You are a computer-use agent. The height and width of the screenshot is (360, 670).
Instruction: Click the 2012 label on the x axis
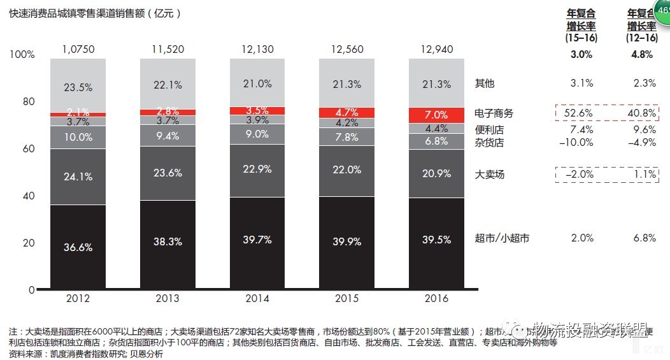pos(78,298)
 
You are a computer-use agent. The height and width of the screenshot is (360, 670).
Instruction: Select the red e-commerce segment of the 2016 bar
pos(436,115)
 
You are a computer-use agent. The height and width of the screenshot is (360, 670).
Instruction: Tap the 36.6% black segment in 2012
pos(78,247)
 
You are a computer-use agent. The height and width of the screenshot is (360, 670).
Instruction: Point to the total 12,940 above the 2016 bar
pos(436,49)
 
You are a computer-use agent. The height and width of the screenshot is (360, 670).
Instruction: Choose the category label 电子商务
pos(494,113)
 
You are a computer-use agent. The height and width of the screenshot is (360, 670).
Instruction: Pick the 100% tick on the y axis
pos(22,55)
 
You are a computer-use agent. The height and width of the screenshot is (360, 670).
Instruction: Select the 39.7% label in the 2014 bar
pos(257,240)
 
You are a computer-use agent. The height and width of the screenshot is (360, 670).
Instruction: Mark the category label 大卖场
pos(489,174)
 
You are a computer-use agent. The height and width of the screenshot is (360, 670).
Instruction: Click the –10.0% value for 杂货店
pos(577,143)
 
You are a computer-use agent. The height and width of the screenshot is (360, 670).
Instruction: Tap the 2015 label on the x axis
pos(346,298)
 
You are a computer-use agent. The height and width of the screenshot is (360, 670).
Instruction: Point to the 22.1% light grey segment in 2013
pos(167,84)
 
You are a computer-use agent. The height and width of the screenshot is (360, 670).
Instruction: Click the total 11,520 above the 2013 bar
pos(167,49)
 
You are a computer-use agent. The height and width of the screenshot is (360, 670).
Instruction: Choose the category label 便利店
pos(489,129)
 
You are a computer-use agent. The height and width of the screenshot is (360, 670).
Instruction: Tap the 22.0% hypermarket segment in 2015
pos(346,169)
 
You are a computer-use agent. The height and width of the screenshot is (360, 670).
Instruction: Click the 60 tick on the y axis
pos(28,148)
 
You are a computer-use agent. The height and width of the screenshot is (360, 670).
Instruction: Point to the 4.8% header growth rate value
pos(641,55)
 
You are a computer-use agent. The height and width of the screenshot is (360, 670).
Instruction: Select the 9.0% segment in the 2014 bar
pos(257,134)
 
